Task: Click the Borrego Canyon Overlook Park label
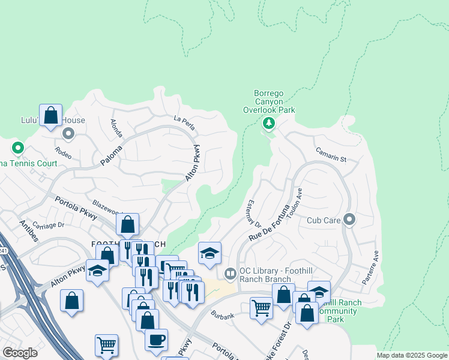(268, 101)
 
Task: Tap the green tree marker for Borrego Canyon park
(268, 124)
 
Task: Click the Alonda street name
(115, 128)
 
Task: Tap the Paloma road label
(111, 156)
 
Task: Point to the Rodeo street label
(63, 153)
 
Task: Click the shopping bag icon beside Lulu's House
(51, 115)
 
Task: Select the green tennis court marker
(18, 148)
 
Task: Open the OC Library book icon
(230, 274)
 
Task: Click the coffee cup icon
(156, 340)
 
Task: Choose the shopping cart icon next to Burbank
(261, 308)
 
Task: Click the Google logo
(20, 353)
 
